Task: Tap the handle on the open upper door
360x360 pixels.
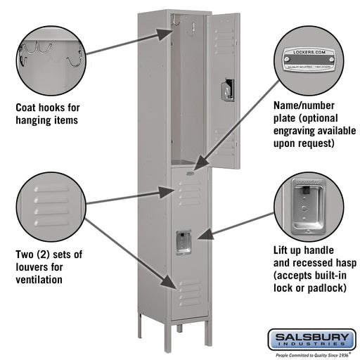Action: (226, 90)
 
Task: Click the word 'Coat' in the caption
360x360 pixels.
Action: (27, 108)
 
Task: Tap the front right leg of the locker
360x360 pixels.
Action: (205, 340)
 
